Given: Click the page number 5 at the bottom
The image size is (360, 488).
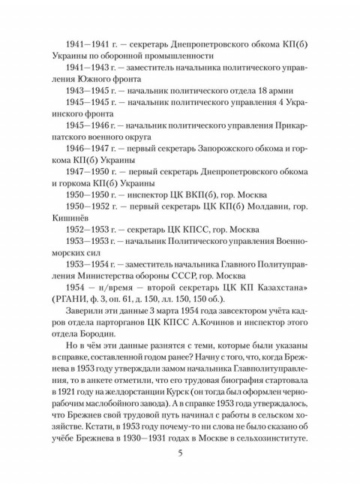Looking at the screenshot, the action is click(x=179, y=453).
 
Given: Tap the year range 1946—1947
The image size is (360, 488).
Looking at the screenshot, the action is click(x=88, y=149).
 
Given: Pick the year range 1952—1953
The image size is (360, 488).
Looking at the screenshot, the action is click(x=88, y=229).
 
